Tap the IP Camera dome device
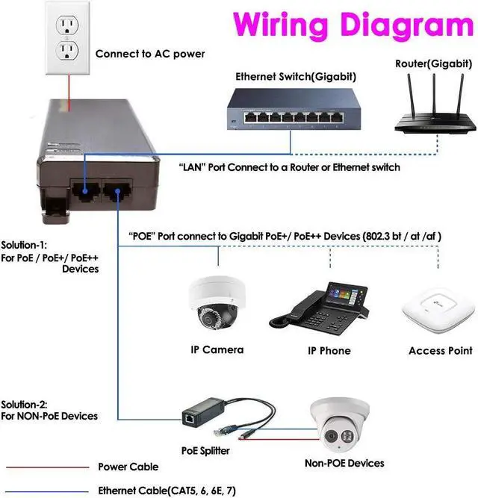coord(217,305)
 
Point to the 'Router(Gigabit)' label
coord(432,63)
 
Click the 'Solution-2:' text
coord(24,404)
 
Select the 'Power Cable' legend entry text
coord(128,467)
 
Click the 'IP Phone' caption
coord(329,350)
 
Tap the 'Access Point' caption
coord(440,350)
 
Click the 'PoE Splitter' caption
coord(206,450)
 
